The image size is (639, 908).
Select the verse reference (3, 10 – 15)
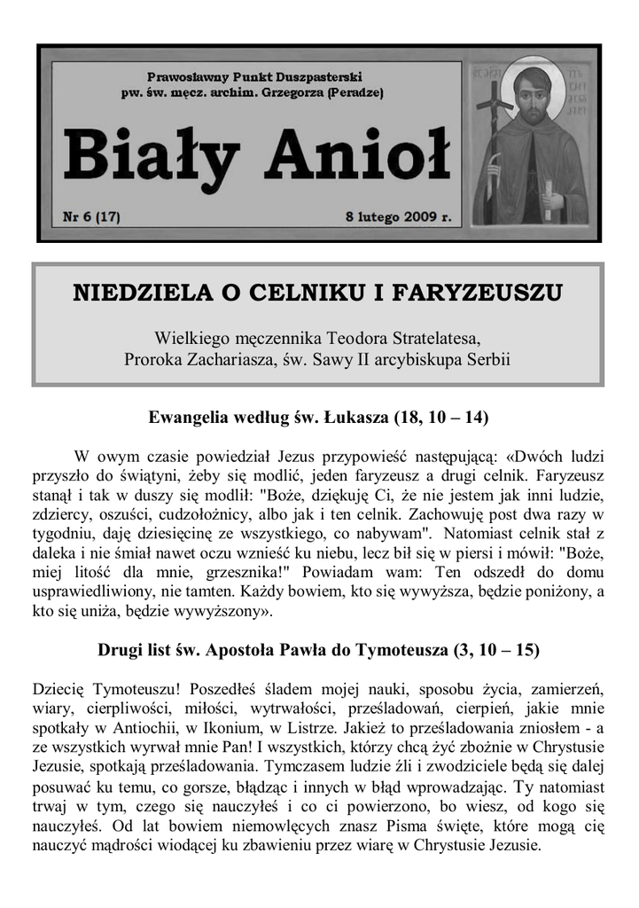click(495, 650)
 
